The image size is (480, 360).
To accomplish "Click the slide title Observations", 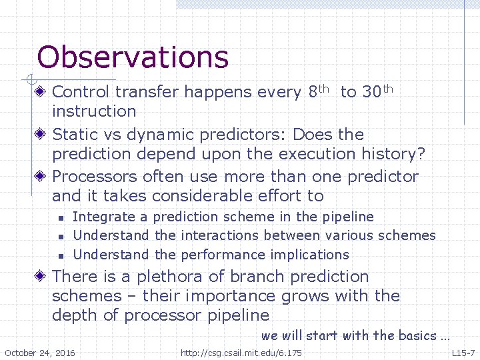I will pos(133,57).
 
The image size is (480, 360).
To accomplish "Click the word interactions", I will pos(219,235).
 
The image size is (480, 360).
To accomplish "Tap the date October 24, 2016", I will pos(40,353).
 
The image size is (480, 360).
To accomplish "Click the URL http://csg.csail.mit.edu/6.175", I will pos(241,353).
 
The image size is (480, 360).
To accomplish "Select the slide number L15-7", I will pos(463,353).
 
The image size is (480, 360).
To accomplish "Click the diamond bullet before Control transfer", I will pos(41,92).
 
